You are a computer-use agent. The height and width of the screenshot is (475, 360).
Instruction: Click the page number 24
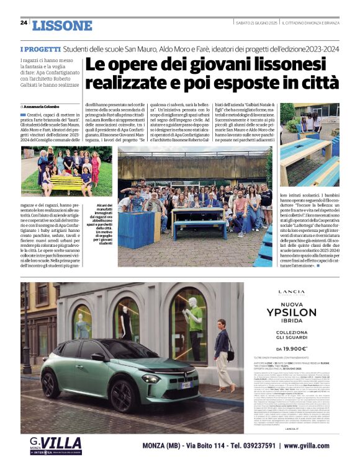24,22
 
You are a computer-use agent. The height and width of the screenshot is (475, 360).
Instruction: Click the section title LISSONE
61,26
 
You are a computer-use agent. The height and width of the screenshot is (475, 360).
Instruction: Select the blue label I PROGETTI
39,48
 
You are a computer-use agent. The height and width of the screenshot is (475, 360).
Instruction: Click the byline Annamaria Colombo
46,107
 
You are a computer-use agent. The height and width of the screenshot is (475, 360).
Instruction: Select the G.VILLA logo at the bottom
55,446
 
